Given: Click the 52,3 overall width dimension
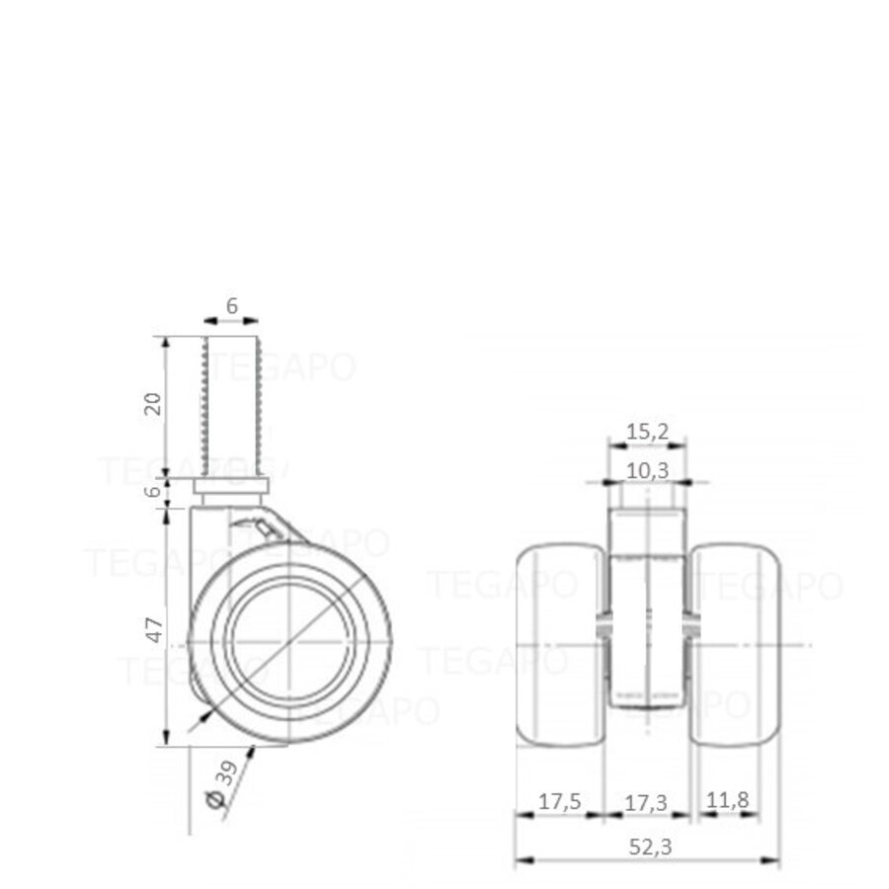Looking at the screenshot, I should (647, 846).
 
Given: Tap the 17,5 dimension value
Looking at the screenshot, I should (560, 802).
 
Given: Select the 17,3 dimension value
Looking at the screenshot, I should (646, 802).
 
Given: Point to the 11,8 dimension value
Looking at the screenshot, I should (726, 802).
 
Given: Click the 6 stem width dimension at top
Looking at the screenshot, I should (231, 306).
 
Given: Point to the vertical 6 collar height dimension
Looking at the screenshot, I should (153, 491).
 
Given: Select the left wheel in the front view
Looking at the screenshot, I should (559, 643).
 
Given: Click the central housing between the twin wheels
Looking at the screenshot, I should (647, 632).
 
